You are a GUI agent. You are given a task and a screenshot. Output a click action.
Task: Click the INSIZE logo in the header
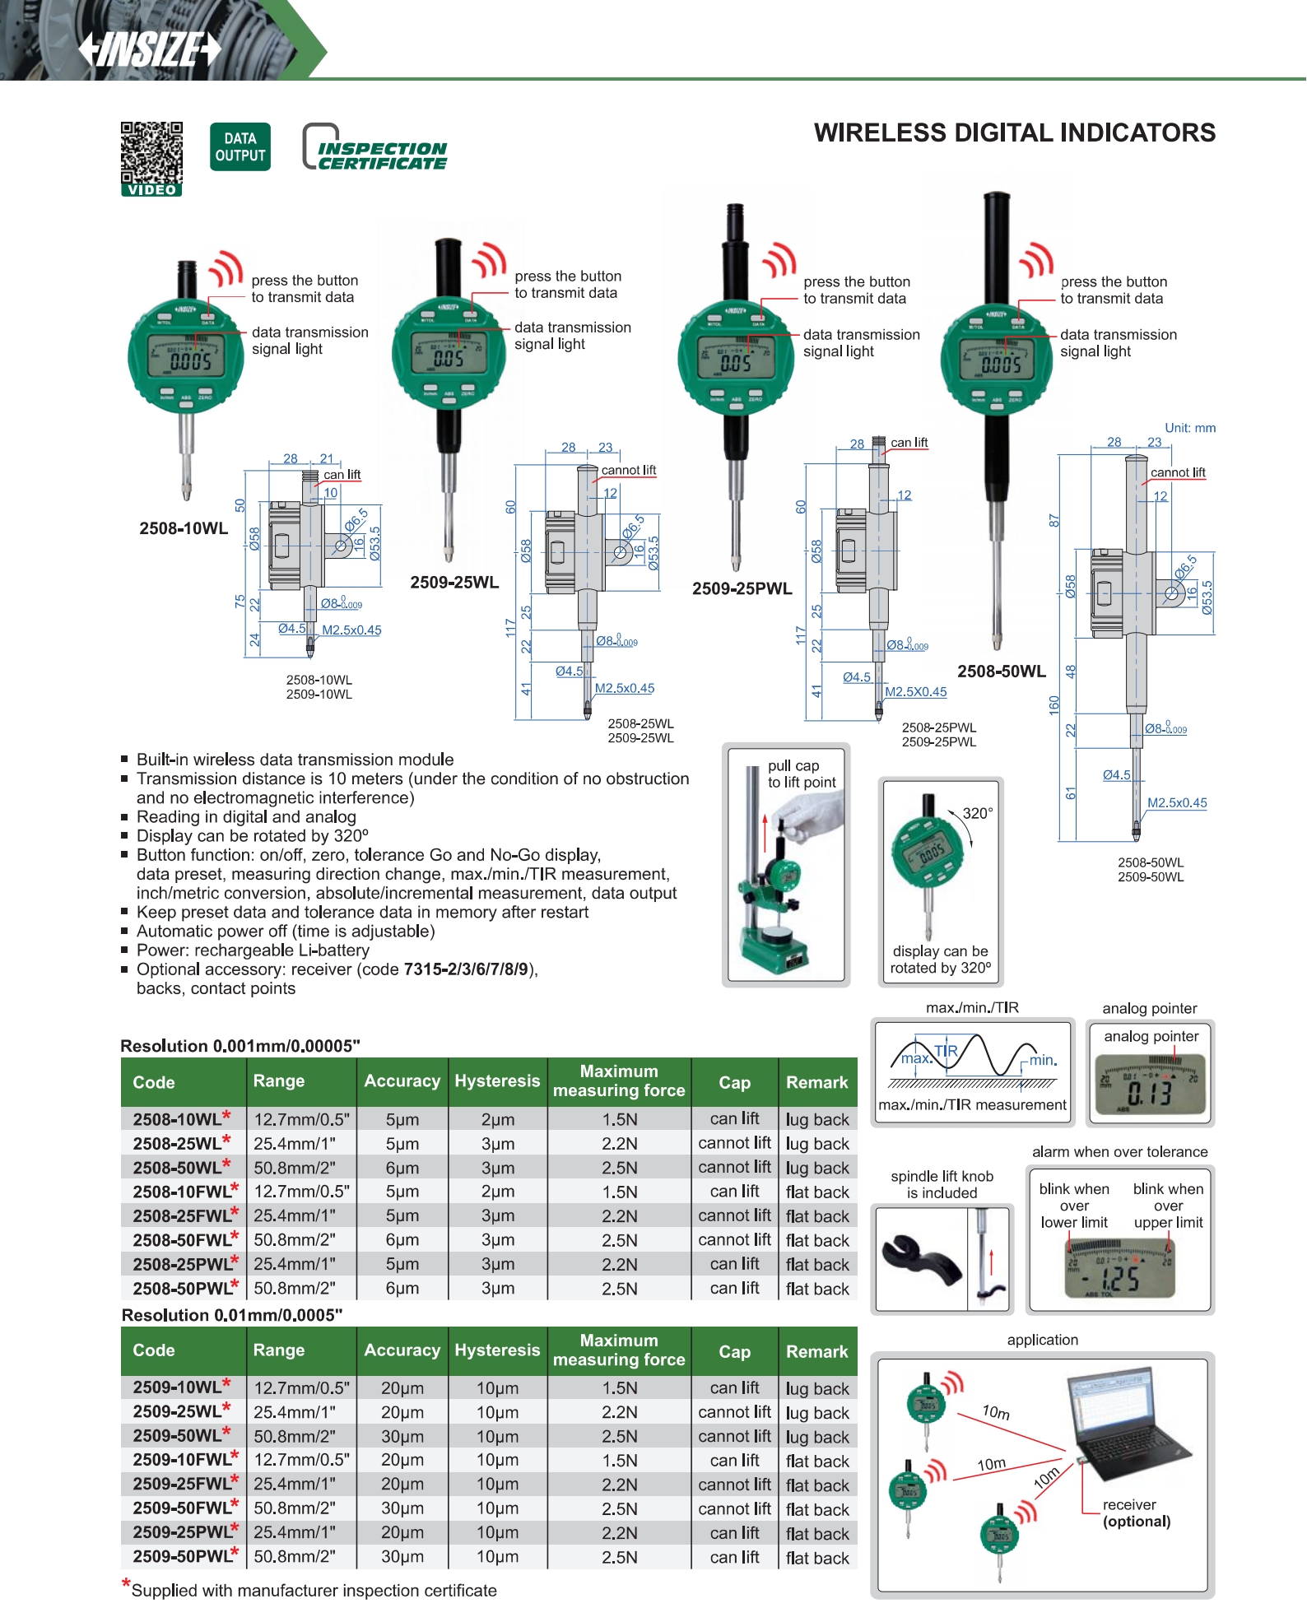point(150,49)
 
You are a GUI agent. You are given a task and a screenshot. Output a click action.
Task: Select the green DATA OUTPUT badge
point(240,147)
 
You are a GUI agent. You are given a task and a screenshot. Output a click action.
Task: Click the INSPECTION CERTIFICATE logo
point(375,149)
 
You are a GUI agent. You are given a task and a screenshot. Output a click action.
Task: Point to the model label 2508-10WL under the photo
point(184,528)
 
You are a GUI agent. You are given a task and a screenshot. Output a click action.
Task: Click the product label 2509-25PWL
point(742,588)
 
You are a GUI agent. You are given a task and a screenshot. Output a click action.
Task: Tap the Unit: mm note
point(1189,428)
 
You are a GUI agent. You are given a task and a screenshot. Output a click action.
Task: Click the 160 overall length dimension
point(1054,705)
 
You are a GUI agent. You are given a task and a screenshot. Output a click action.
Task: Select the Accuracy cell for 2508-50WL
point(402,1168)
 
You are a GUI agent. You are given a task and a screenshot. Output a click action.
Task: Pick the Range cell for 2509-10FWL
point(301,1461)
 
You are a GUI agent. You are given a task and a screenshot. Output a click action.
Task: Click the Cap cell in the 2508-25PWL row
point(734,1264)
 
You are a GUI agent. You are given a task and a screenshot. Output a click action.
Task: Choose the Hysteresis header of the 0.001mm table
point(497,1081)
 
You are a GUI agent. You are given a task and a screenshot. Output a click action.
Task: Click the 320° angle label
point(978,813)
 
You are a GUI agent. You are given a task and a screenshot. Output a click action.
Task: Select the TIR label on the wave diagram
point(946,1051)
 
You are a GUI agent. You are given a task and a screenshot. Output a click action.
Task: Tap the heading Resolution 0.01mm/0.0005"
point(232,1315)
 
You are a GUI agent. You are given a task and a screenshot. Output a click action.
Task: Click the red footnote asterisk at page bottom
point(126,1583)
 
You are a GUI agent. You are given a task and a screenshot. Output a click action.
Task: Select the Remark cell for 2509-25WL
point(816,1413)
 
